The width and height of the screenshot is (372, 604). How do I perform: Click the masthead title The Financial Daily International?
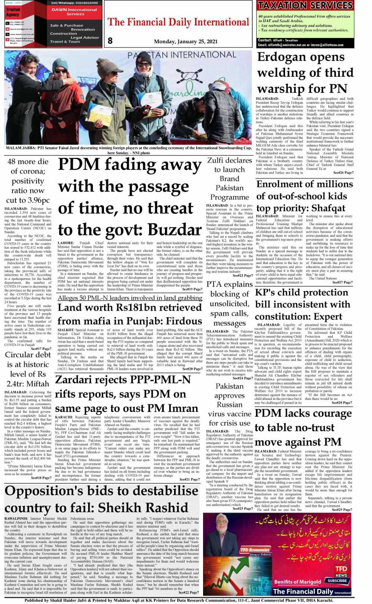tap(178, 22)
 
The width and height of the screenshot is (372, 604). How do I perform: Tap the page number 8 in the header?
tap(110, 41)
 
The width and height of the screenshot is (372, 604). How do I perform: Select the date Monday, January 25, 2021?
tap(185, 41)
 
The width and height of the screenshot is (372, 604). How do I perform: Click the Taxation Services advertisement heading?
tap(305, 6)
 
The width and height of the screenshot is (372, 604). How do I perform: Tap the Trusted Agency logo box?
tap(13, 12)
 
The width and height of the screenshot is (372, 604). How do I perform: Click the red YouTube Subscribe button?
tap(337, 580)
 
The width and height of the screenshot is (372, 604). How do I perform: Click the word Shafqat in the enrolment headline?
tap(325, 208)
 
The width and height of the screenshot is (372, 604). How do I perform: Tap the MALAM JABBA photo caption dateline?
tap(22, 148)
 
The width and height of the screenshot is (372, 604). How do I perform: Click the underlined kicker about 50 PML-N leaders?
tap(130, 298)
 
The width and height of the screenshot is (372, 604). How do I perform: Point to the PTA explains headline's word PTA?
tap(215, 284)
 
